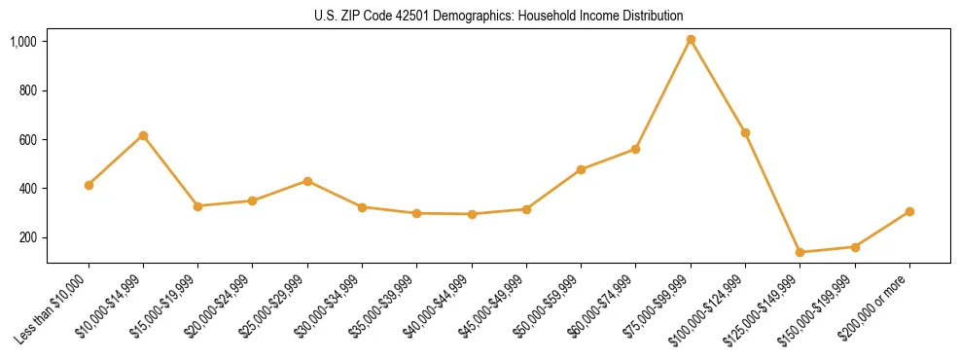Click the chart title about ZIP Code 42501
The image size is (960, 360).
click(498, 16)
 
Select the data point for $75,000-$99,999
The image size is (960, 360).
click(691, 40)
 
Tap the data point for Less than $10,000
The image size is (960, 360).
click(89, 185)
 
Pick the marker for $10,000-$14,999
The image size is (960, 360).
click(143, 135)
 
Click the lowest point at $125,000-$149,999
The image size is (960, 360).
click(800, 252)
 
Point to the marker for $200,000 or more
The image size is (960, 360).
click(909, 211)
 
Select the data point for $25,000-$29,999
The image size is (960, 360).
click(307, 181)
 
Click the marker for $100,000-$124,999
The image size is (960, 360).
click(745, 132)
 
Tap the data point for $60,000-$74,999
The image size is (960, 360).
click(635, 149)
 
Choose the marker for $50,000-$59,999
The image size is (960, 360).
click(581, 169)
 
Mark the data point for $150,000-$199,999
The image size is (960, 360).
click(855, 247)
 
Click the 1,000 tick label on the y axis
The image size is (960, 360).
click(23, 42)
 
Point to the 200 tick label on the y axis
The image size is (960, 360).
click(28, 237)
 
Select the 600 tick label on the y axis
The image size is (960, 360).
click(28, 140)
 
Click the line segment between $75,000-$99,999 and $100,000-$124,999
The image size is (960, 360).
click(718, 86)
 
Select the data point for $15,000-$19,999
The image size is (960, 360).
click(197, 206)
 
